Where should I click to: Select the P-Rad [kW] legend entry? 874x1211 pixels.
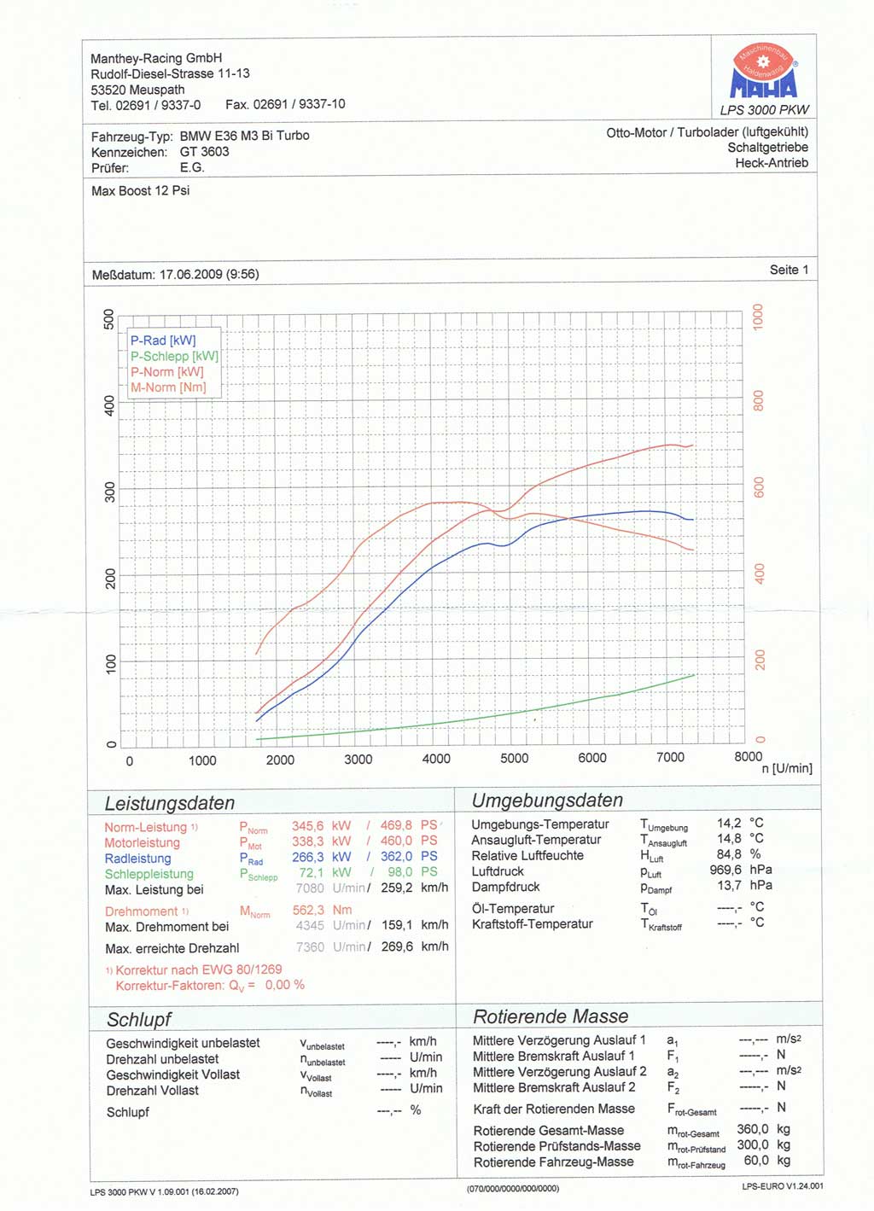coord(163,340)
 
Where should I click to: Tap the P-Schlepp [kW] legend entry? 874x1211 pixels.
coord(174,356)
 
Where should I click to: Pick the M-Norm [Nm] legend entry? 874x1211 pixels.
coord(168,387)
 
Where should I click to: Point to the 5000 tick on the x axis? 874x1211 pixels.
coord(514,759)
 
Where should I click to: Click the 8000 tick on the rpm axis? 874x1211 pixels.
coord(748,756)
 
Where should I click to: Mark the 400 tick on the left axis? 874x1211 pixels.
coord(109,405)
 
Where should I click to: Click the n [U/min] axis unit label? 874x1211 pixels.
coord(786,768)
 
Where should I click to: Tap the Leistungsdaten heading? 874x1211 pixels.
coord(169,803)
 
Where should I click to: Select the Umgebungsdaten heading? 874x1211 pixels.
coord(547,801)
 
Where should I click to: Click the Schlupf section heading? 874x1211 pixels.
coord(138,1020)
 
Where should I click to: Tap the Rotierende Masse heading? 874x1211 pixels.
coord(551,1016)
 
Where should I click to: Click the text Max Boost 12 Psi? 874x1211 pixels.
coord(140,191)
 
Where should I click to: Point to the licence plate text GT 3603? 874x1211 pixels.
coord(204,152)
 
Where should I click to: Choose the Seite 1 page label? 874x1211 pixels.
coord(789,270)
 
